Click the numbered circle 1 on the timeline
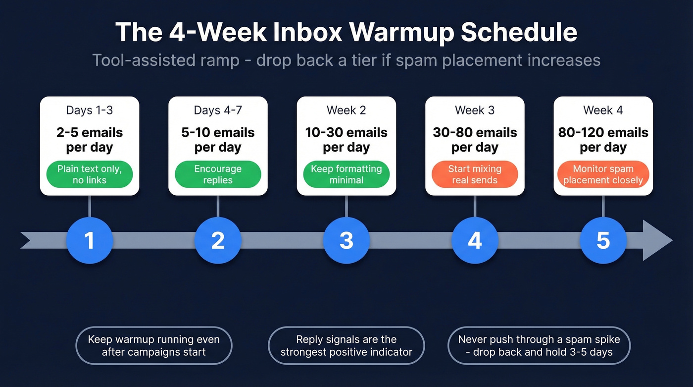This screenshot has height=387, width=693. click(89, 240)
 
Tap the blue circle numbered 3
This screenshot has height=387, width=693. click(346, 240)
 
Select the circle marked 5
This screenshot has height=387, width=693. click(603, 240)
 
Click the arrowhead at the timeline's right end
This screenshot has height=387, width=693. click(657, 240)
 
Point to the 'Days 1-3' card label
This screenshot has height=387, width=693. click(89, 110)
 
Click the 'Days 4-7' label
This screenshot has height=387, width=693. click(218, 110)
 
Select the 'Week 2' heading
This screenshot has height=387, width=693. click(346, 110)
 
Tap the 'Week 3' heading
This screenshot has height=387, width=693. click(475, 110)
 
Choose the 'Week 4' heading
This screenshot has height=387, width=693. click(603, 110)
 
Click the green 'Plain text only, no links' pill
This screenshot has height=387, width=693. click(89, 174)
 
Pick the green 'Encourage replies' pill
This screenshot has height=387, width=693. click(218, 174)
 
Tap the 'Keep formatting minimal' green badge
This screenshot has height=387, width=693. click(346, 174)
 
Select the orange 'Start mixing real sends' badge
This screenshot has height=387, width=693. click(475, 174)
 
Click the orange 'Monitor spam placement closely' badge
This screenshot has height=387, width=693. click(603, 174)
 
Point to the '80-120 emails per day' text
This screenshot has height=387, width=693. click(603, 140)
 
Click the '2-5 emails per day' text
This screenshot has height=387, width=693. click(89, 140)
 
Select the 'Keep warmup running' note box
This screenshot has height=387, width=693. click(153, 345)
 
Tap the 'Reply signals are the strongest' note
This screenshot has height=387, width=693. click(346, 345)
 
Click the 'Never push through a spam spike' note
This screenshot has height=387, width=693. click(539, 345)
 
